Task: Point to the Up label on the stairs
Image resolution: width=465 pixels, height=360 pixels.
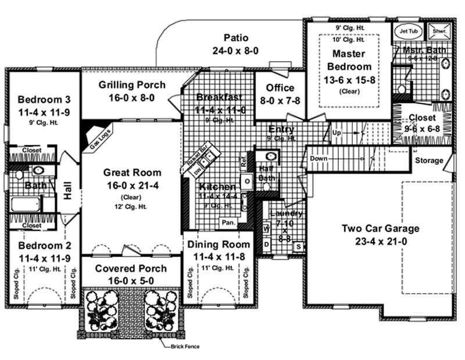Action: pyautogui.click(x=337, y=133)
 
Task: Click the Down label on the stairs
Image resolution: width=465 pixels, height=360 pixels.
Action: pyautogui.click(x=319, y=158)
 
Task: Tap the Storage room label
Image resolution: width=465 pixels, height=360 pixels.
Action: pyautogui.click(x=429, y=161)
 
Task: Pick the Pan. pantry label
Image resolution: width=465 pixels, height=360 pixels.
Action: pyautogui.click(x=227, y=223)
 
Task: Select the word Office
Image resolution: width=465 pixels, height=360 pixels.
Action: pyautogui.click(x=280, y=88)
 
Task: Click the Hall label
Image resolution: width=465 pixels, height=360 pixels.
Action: pyautogui.click(x=68, y=193)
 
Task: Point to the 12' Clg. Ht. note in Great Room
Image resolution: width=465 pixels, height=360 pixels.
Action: pyautogui.click(x=124, y=205)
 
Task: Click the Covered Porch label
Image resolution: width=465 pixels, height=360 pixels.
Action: pyautogui.click(x=131, y=269)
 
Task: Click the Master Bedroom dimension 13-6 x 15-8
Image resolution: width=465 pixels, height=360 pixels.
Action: pyautogui.click(x=349, y=80)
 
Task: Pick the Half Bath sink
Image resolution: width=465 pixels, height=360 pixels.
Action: pyautogui.click(x=269, y=156)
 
